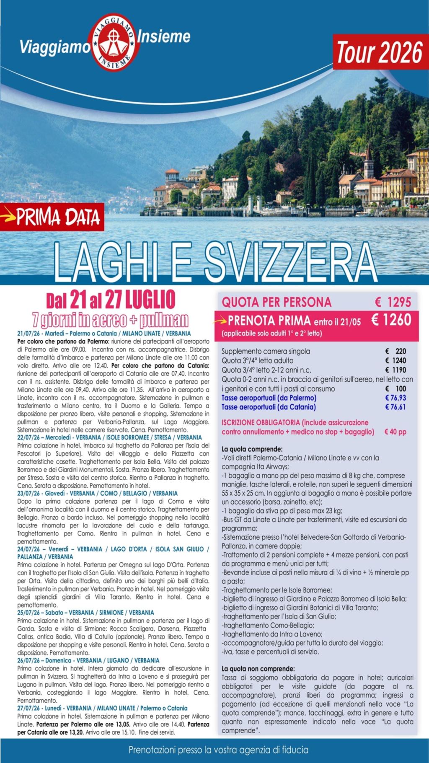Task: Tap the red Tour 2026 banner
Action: [x=380, y=52]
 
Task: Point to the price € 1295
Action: [x=393, y=302]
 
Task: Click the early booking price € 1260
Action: [x=391, y=320]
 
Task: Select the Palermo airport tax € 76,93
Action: [x=395, y=398]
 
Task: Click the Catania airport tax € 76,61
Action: [x=395, y=407]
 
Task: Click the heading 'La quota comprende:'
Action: [x=252, y=449]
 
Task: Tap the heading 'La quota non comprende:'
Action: [x=258, y=669]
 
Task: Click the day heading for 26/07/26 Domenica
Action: [x=88, y=660]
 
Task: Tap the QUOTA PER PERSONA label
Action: [x=277, y=302]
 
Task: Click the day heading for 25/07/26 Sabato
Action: [x=85, y=613]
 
